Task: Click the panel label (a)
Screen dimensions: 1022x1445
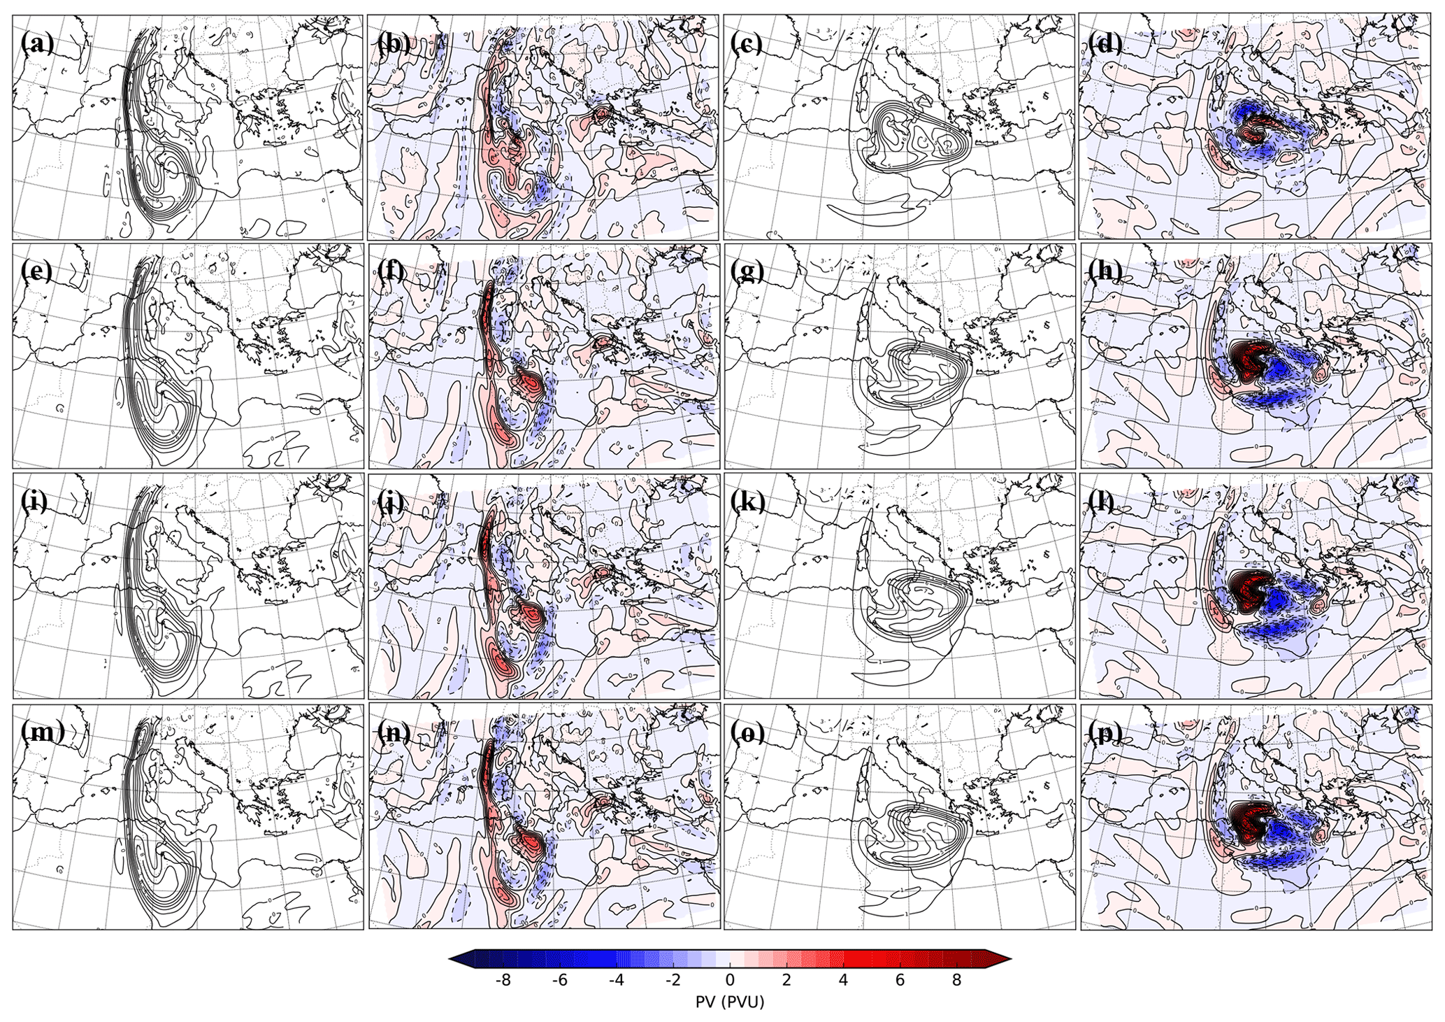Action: click(36, 43)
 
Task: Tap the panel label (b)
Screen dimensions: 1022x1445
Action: click(394, 43)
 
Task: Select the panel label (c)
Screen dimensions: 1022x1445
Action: click(746, 43)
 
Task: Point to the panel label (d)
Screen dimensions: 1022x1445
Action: click(1105, 43)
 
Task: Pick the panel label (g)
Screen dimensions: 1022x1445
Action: click(747, 271)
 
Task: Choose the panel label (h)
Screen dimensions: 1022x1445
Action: click(1105, 271)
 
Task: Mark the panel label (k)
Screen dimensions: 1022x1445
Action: click(747, 501)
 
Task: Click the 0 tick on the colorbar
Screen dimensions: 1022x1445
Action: click(730, 980)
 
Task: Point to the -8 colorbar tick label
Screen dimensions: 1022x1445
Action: click(503, 980)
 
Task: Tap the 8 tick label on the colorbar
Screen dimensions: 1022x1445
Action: click(956, 980)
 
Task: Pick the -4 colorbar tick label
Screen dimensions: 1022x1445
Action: click(616, 980)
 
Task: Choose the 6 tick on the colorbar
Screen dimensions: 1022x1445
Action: click(900, 980)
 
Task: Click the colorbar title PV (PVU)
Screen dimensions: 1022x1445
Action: click(730, 1002)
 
